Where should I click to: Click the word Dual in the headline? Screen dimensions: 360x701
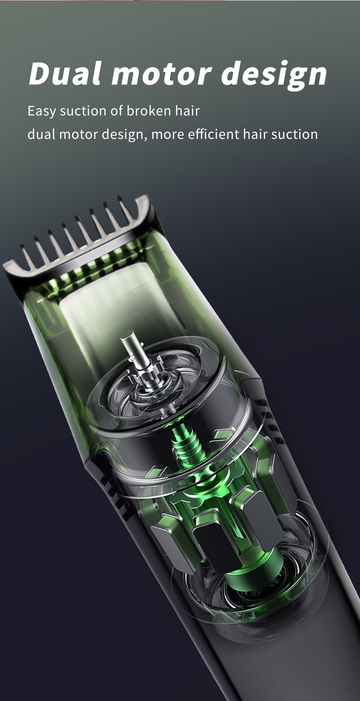(65, 73)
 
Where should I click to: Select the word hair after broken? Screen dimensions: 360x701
(187, 111)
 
